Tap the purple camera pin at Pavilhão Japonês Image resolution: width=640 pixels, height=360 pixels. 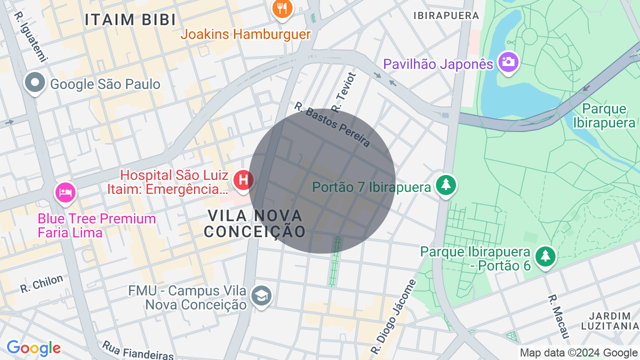508,62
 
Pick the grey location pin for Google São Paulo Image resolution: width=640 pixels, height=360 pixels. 35,83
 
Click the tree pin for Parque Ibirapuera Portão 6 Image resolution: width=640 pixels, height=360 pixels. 545,256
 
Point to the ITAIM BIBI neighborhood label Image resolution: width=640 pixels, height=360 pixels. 130,19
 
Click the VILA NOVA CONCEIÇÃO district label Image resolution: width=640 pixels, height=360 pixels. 255,223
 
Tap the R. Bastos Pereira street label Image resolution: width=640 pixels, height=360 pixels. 332,125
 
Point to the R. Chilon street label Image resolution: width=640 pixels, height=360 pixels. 42,283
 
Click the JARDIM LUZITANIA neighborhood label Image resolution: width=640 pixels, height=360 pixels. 610,321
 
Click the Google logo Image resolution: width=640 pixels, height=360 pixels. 33,348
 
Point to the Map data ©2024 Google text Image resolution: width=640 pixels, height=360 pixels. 578,353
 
